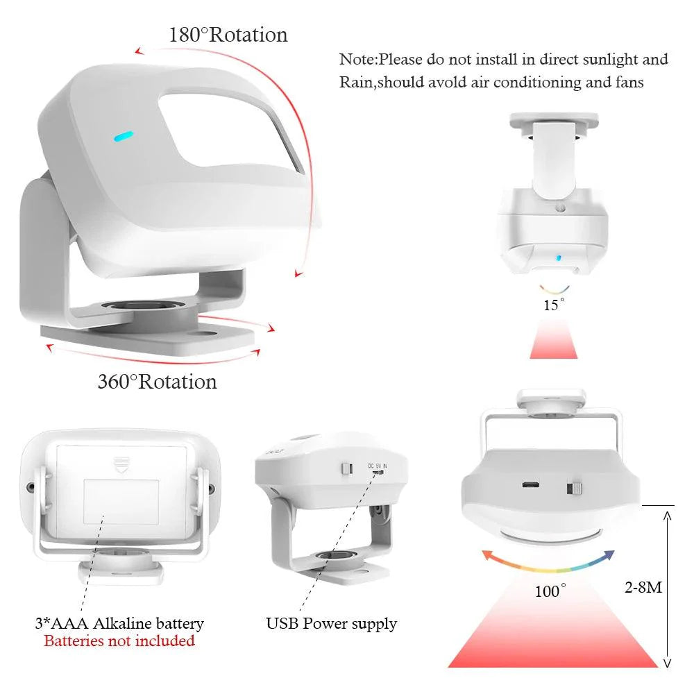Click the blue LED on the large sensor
click(124, 136)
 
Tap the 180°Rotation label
click(228, 35)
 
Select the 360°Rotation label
click(157, 382)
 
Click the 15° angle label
click(554, 305)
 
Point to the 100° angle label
click(550, 591)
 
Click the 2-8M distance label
click(643, 587)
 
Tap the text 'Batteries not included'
click(119, 641)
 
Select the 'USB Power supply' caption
click(331, 624)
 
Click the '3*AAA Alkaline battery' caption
click(119, 623)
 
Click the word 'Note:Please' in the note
click(380, 59)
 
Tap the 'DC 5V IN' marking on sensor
click(378, 466)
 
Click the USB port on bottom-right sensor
click(530, 484)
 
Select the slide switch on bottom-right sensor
click(575, 489)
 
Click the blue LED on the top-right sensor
click(559, 257)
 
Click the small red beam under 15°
click(554, 340)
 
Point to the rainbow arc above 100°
click(548, 566)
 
